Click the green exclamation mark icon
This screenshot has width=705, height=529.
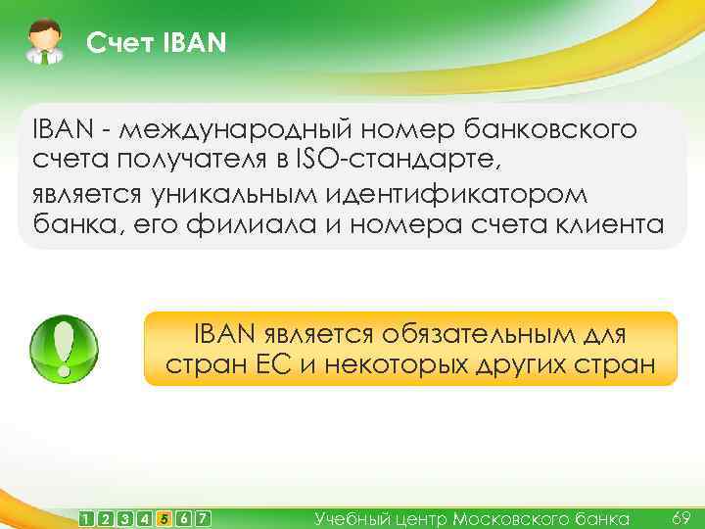pos(65,349)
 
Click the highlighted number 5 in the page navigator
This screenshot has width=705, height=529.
pos(163,518)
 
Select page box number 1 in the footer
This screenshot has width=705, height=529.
pos(88,518)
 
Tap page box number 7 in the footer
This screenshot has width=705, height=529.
pos(203,518)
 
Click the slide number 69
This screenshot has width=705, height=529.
pos(681,516)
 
